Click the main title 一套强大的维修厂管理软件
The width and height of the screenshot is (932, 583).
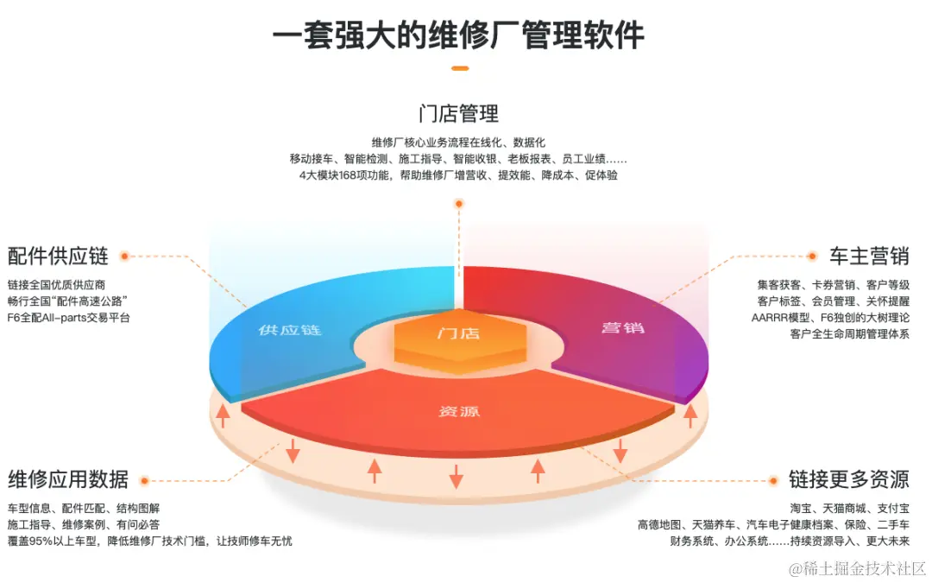tap(458, 35)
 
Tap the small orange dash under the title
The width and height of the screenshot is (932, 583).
tap(460, 67)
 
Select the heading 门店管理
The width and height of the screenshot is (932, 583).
tap(458, 114)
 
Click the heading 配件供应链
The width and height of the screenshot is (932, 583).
tap(58, 256)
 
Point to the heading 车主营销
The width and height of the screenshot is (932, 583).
tap(869, 256)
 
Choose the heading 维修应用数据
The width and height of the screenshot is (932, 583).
tap(68, 479)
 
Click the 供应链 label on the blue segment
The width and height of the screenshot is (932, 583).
tap(289, 330)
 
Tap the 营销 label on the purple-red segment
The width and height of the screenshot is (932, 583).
tap(623, 328)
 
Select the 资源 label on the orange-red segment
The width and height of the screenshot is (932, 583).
tap(459, 411)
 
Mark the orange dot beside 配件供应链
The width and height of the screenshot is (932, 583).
tap(124, 256)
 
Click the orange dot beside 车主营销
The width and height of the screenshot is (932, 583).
tap(811, 256)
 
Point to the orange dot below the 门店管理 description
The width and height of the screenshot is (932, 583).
tap(459, 204)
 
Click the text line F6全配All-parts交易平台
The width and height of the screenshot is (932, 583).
tap(69, 318)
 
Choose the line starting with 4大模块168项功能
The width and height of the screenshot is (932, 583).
tap(458, 175)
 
